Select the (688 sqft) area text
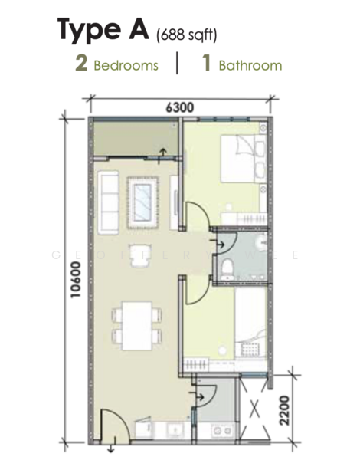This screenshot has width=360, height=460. click(x=188, y=34)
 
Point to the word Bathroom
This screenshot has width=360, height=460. click(x=250, y=65)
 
